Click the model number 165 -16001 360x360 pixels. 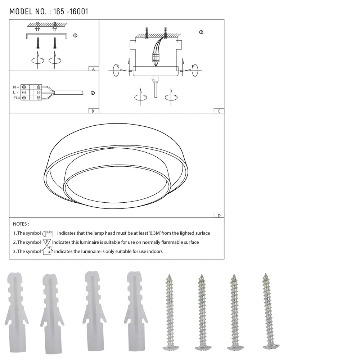point(70,12)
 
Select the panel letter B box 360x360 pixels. point(93,111)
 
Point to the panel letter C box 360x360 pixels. point(219,111)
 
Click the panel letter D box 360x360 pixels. point(219,216)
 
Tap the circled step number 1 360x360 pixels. point(75,36)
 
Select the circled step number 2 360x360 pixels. point(93,93)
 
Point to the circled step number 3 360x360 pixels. point(201,32)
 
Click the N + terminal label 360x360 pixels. point(16,87)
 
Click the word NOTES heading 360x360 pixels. point(21,224)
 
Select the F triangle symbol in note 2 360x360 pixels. point(47,242)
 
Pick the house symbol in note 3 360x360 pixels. point(47,251)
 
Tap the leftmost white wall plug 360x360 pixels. point(16,313)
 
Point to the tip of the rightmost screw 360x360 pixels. point(266,275)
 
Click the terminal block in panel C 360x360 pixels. point(156,57)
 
